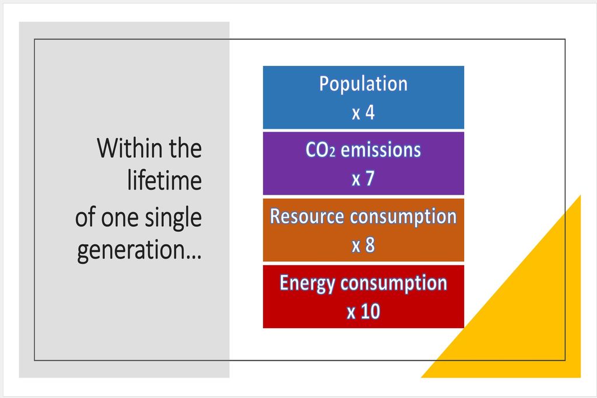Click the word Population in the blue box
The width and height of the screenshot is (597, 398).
(x=363, y=84)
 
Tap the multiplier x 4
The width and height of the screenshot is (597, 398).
(x=363, y=112)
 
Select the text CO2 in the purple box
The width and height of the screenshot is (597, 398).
(x=321, y=150)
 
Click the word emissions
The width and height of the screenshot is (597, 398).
(x=381, y=150)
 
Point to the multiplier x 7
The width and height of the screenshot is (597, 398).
(x=363, y=179)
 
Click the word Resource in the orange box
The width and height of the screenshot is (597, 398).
(x=307, y=216)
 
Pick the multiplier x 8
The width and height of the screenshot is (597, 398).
(x=363, y=245)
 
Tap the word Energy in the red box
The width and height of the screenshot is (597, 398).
(x=308, y=283)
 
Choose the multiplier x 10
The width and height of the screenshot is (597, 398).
(x=363, y=312)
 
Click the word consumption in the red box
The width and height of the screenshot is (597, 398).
(x=394, y=283)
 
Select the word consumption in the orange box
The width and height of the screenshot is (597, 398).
(x=403, y=217)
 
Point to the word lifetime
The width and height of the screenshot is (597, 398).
(x=164, y=180)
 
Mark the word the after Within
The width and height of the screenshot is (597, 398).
(x=185, y=148)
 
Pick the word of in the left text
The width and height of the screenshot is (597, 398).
(x=86, y=217)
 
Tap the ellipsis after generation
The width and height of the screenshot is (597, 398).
(x=194, y=257)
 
